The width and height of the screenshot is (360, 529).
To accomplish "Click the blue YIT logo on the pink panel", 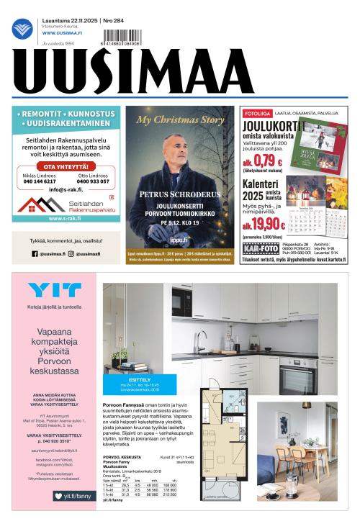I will click(53, 291).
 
